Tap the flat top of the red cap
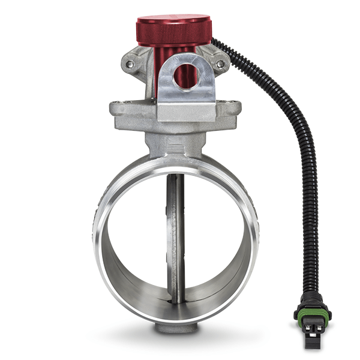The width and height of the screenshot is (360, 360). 174,20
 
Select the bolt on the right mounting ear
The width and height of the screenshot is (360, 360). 220,64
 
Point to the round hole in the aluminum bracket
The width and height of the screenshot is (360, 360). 185,76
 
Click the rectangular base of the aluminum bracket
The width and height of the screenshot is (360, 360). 185,112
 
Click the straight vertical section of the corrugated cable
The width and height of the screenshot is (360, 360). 310,210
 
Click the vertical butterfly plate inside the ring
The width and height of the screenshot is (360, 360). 175,240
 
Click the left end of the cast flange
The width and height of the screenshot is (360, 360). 117,111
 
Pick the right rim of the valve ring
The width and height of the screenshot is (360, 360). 254,240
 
